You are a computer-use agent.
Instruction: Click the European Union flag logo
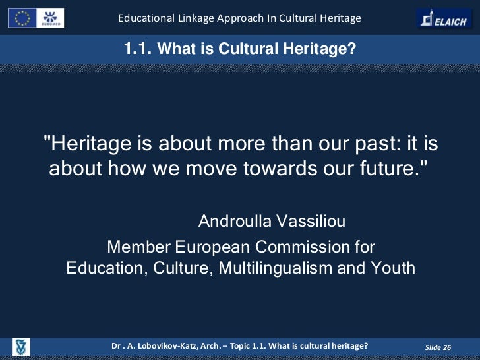(22, 17)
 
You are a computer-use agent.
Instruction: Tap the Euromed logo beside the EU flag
(51, 17)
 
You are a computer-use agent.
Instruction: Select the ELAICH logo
(444, 18)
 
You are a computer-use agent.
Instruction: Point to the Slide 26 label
(438, 347)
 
